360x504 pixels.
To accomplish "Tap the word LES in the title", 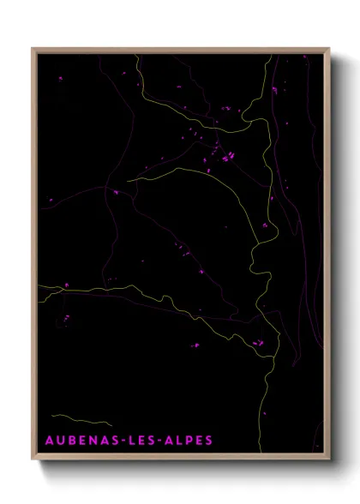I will pos(144,441).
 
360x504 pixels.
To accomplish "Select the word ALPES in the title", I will pos(189,441).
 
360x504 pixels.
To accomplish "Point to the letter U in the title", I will pos(62,441).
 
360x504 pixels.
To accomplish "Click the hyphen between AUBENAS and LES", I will pos(123,441).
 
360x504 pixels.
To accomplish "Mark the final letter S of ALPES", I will pos(208,441).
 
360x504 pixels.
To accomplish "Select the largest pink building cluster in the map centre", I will pos(228,157).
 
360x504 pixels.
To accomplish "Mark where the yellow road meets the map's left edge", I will pos(39,286).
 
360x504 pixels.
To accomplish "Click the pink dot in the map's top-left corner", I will pos(60,78).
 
